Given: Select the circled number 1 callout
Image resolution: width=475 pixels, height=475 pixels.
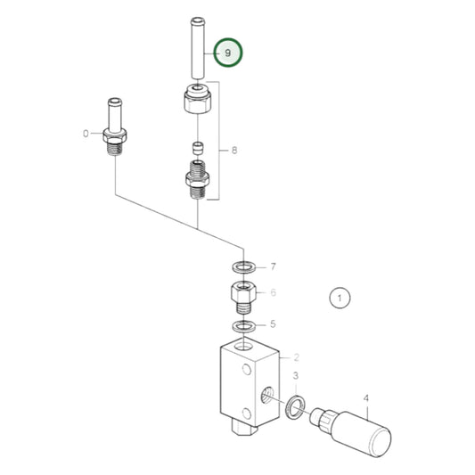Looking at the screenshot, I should coord(340,298).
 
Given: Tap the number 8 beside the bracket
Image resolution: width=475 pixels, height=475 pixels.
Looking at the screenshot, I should coord(234,151).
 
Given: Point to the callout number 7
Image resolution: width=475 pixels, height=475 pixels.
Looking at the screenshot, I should coord(274,266).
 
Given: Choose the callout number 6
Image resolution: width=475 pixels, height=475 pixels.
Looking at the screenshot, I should coord(274,292).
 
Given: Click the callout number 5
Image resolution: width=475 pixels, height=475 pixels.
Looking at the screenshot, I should coord(274,324).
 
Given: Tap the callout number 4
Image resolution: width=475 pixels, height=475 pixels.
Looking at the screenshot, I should coord(364,398).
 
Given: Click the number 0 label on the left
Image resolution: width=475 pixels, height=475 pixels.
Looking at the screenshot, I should coord(86,134).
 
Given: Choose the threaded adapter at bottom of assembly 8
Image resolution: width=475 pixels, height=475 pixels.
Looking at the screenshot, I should coord(198,181).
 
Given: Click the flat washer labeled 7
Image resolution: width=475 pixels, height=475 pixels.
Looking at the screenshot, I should coord(242,266).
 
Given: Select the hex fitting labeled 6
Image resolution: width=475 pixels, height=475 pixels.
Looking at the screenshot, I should coord(242,293).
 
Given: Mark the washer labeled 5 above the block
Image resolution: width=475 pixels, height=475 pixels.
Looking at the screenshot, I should coord(242,325).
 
